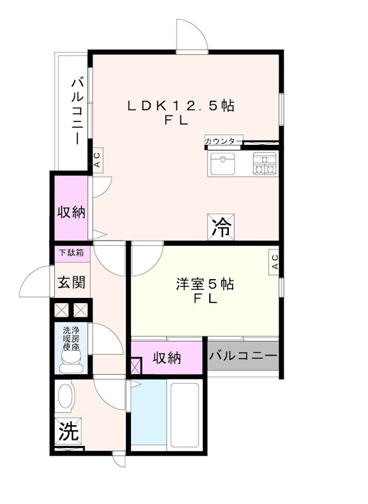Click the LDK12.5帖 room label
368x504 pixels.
pos(181,106)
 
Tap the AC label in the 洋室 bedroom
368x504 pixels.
pos(275,261)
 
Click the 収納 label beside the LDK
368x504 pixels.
pos(71,212)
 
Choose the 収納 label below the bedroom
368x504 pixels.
pos(167,358)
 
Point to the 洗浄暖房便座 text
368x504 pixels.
pos(71,338)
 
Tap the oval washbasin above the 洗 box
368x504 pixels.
pos(65,398)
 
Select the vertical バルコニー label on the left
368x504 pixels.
pos(76,111)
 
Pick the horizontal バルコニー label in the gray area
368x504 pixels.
pos(243,357)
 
